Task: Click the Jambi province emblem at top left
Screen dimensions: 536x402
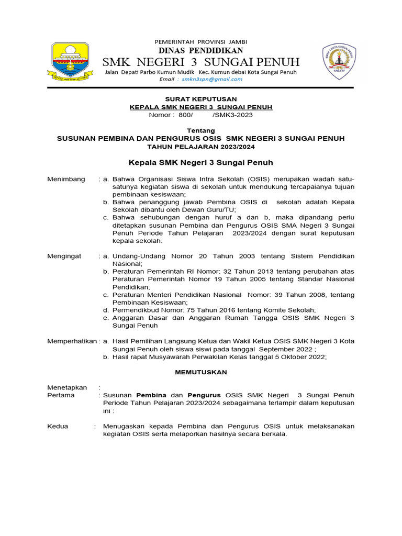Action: (x=73, y=62)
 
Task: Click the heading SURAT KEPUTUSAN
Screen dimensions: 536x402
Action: (x=201, y=99)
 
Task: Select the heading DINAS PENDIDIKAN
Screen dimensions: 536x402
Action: (x=201, y=51)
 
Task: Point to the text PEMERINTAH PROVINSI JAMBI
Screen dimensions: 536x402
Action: (x=201, y=41)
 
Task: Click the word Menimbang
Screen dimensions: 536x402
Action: (x=66, y=179)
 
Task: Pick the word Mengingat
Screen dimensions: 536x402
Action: (x=64, y=256)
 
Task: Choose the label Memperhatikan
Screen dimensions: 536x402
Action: (x=72, y=341)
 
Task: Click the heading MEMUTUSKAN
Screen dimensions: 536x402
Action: (x=201, y=372)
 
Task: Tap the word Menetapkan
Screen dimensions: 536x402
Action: (x=67, y=387)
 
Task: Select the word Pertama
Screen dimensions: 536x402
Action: (x=61, y=395)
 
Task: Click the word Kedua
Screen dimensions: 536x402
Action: (x=58, y=426)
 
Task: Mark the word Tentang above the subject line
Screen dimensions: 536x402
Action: (x=201, y=130)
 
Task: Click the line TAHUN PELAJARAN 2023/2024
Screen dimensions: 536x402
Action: (x=201, y=147)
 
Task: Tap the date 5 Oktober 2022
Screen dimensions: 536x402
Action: (x=299, y=356)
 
